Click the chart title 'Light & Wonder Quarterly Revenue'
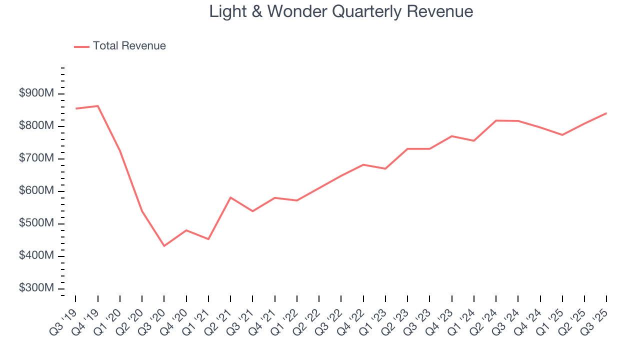[341, 11]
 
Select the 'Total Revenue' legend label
[129, 46]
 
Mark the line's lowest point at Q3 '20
[164, 246]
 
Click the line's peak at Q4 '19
[98, 106]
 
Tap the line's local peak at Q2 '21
[230, 197]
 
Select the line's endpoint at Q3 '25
[606, 113]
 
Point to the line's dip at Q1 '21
[208, 239]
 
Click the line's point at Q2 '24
[496, 120]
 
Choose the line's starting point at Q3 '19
[75, 108]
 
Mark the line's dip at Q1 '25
[562, 135]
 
